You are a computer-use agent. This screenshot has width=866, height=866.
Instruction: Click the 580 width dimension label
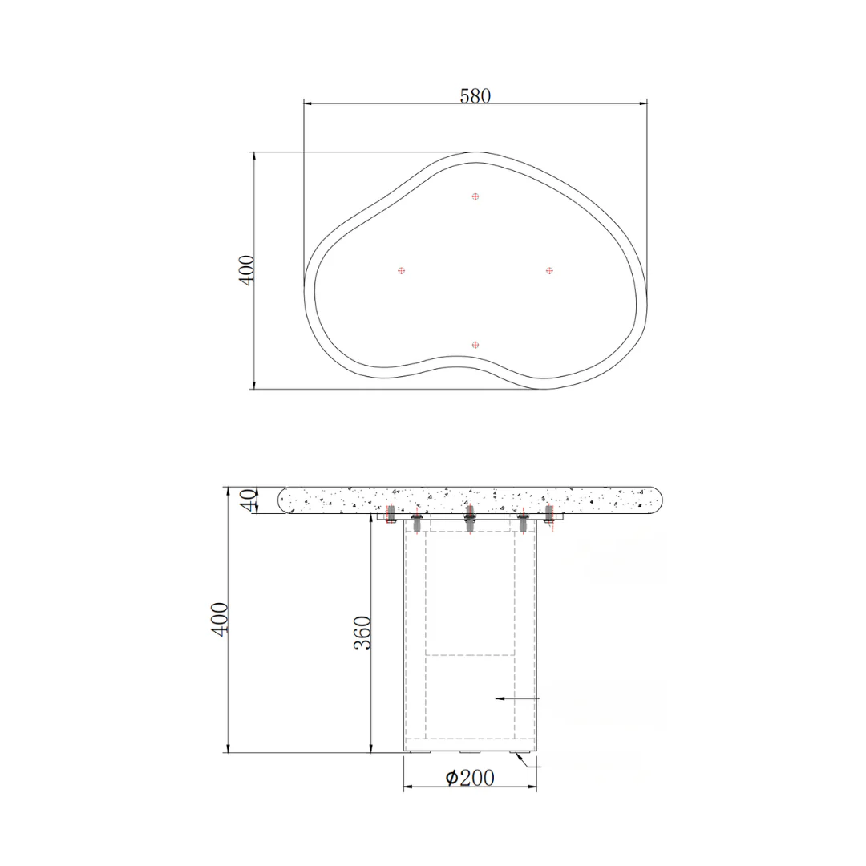(475, 96)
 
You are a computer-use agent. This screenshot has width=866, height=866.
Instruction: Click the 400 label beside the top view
(246, 270)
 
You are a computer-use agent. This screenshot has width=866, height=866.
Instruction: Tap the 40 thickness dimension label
(249, 500)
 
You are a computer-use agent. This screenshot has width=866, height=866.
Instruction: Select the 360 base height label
(362, 633)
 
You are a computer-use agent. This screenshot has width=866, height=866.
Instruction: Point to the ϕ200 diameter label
(470, 778)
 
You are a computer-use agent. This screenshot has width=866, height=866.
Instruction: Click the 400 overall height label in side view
(220, 619)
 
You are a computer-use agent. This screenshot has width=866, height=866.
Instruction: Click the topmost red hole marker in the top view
(475, 196)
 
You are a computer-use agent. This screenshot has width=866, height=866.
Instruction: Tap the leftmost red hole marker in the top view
(402, 271)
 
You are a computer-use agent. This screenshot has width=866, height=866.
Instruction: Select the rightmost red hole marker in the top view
(549, 271)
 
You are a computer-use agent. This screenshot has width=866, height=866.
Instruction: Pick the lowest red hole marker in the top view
(475, 345)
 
